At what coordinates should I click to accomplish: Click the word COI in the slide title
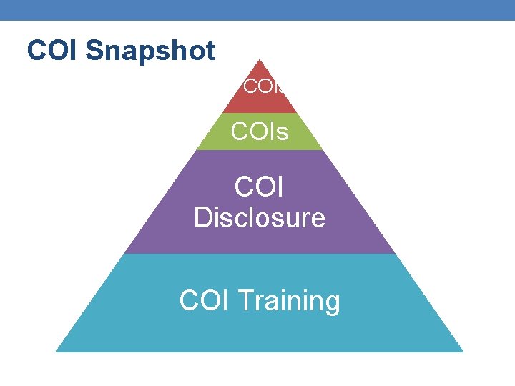[54, 51]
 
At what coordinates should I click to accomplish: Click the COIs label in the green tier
[259, 132]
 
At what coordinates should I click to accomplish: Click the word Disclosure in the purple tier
[259, 217]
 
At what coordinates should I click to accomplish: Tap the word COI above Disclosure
[259, 187]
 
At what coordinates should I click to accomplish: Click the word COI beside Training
[204, 301]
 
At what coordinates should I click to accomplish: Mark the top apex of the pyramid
[259, 61]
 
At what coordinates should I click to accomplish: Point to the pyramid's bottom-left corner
[57, 350]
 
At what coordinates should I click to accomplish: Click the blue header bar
[257, 10]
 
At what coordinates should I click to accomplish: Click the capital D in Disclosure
[203, 217]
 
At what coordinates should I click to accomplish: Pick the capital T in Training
[244, 301]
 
